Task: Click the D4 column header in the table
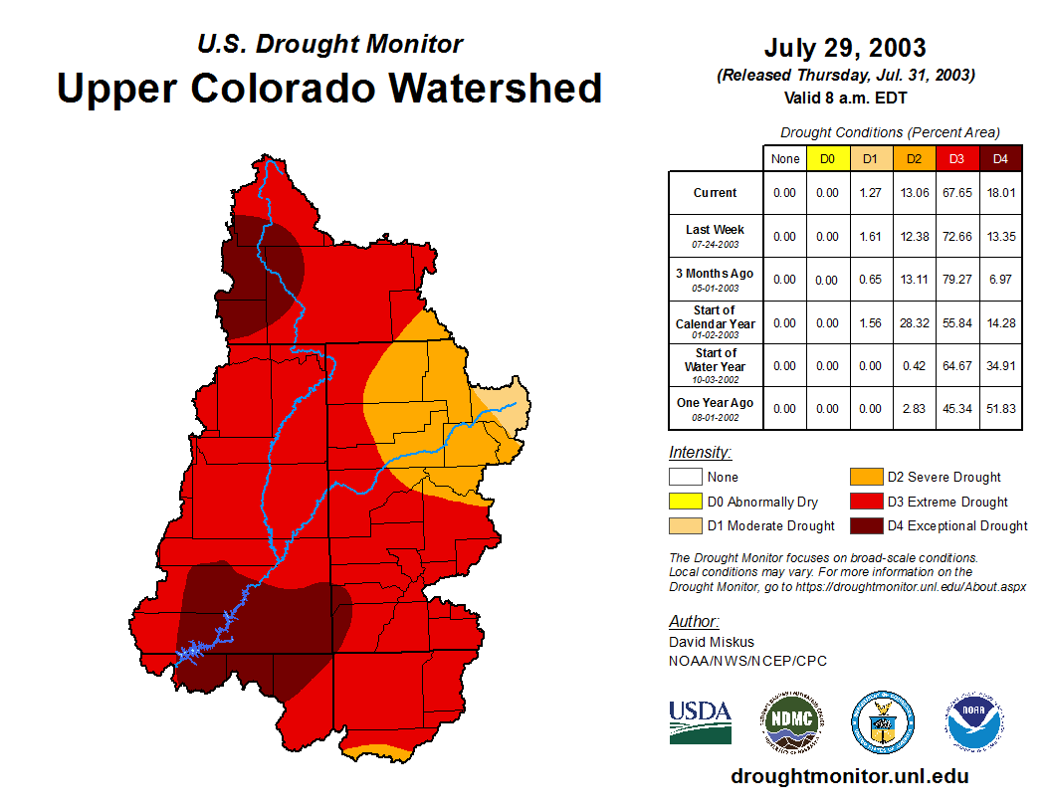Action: (x=1001, y=158)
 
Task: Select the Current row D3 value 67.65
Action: (x=957, y=193)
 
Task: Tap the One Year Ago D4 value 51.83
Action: (x=1001, y=408)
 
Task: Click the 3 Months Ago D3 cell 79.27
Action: (x=957, y=280)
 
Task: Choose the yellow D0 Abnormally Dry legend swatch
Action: (x=685, y=502)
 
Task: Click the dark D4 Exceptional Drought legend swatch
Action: (x=864, y=525)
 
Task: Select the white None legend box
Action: (x=685, y=478)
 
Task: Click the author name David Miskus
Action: (x=712, y=642)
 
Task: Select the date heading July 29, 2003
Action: (x=845, y=48)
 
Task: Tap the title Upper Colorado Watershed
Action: (x=329, y=88)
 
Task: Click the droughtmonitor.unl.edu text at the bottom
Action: (x=849, y=776)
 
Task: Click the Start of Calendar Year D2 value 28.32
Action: (x=914, y=323)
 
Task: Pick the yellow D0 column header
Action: (x=827, y=158)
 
